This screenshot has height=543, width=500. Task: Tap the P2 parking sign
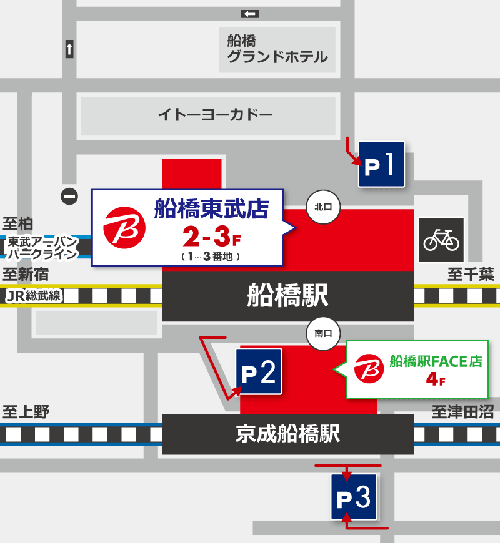[x=258, y=372]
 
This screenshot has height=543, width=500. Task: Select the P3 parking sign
[x=354, y=497]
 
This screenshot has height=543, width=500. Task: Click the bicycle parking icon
[x=441, y=240]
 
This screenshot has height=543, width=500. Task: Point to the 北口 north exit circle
[x=322, y=206]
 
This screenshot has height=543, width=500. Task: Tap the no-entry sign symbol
[x=69, y=196]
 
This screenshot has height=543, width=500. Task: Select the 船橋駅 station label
[x=287, y=296]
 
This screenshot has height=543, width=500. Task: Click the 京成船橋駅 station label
[x=287, y=434]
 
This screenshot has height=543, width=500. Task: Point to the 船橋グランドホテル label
[x=277, y=49]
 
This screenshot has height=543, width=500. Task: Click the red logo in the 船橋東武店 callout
[x=124, y=227]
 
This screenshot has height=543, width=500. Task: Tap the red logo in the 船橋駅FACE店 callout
[x=368, y=368]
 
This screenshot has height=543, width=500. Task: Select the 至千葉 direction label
[x=471, y=274]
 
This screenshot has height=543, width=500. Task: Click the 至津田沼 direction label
[x=462, y=412]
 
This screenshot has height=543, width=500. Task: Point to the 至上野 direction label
[x=26, y=412]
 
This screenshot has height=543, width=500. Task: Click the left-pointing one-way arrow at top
[x=249, y=14]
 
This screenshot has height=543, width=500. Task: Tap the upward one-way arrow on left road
[x=69, y=49]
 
